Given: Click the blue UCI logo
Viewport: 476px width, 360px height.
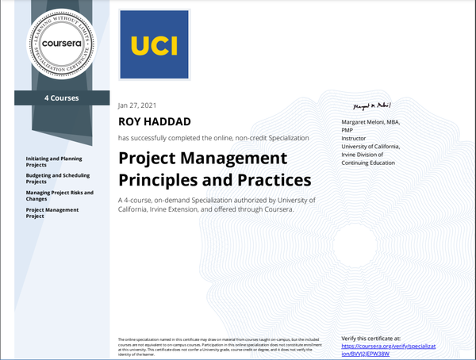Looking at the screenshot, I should click(155, 45).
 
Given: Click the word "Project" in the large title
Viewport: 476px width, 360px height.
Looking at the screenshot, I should click(148, 157).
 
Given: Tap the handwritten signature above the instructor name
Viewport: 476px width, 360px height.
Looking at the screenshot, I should click(373, 106).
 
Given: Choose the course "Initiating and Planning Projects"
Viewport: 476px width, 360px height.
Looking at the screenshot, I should click(53, 162).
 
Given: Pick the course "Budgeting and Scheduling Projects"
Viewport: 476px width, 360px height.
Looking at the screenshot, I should click(58, 178).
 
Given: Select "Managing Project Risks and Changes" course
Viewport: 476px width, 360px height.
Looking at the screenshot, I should click(59, 195).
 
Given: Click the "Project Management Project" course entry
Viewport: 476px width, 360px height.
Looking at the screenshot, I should click(52, 213).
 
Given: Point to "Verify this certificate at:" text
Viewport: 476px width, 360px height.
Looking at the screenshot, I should click(376, 338).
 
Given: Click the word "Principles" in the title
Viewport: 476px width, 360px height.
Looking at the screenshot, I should click(162, 178).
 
